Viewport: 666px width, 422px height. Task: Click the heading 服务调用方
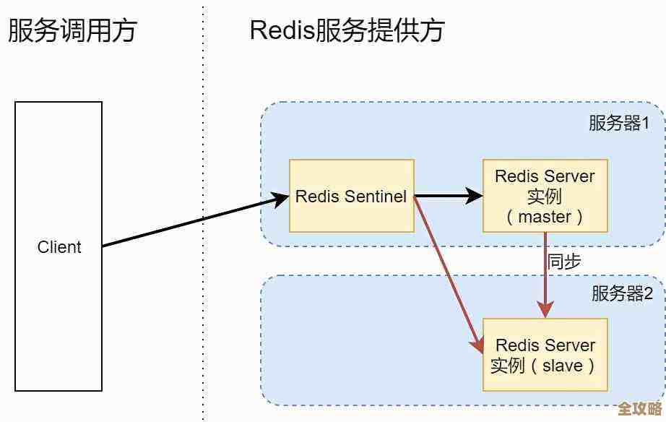(x=72, y=31)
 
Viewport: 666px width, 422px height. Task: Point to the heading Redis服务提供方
(x=347, y=31)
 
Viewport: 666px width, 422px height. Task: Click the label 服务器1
(x=619, y=124)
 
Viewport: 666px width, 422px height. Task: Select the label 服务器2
(x=622, y=293)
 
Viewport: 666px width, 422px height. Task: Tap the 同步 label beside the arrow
(x=563, y=261)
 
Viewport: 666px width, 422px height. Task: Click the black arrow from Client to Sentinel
(x=191, y=220)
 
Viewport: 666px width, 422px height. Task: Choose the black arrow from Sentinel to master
(x=448, y=195)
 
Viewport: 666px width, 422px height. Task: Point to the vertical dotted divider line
(x=203, y=217)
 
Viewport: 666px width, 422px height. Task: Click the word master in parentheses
(x=545, y=217)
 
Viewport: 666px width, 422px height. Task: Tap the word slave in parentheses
(x=563, y=366)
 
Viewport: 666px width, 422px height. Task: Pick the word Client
(x=59, y=247)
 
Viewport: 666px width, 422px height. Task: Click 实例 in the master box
(x=545, y=197)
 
